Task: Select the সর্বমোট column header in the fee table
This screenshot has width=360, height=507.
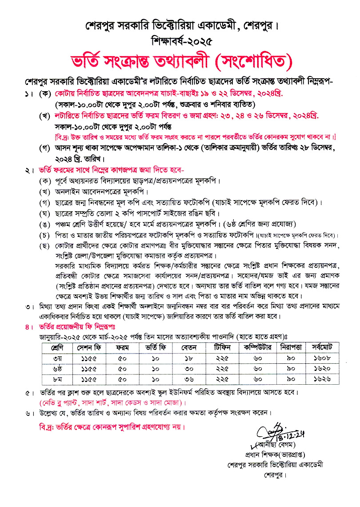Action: click(x=324, y=346)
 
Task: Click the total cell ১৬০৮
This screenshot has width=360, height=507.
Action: click(x=324, y=358)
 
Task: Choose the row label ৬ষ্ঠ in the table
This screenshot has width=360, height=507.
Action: click(x=57, y=369)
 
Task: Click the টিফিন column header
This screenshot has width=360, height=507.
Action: click(x=223, y=346)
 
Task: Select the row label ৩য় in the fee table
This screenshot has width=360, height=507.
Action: click(x=57, y=358)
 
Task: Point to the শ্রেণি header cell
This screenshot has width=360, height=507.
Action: click(x=57, y=346)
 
